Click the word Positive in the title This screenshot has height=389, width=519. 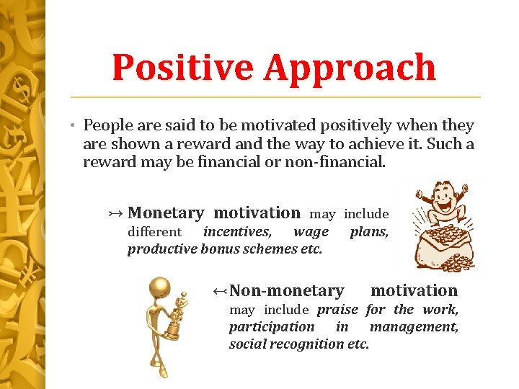[x=183, y=68]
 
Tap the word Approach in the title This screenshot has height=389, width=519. [x=350, y=68]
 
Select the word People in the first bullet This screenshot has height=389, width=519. [x=107, y=125]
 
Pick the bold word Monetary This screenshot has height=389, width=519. [x=165, y=213]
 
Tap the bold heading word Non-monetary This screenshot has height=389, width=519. [x=286, y=290]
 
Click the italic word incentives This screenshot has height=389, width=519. [x=237, y=232]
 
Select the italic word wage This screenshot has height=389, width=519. [x=311, y=232]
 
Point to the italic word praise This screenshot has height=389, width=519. [x=337, y=310]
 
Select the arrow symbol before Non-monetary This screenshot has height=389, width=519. [x=220, y=291]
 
